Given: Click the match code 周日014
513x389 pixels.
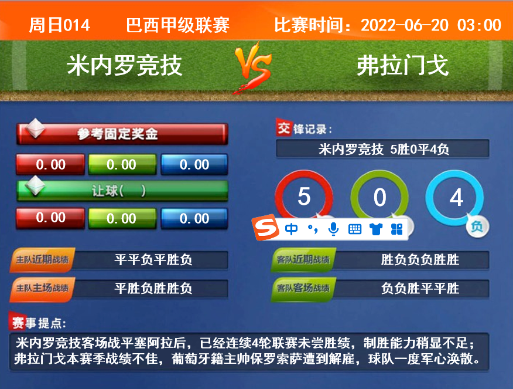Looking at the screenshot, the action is point(60,25).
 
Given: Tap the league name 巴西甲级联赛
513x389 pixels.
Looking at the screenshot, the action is point(177,25).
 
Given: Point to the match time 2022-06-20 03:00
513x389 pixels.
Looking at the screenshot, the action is point(431,25).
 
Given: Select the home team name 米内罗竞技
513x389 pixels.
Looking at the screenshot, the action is point(124,65).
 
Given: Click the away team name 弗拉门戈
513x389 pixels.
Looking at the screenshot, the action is point(402,65).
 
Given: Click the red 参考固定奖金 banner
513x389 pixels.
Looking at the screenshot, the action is point(122,134).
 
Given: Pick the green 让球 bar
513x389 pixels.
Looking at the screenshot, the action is point(122,191).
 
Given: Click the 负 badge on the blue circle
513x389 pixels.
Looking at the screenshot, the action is point(477,226).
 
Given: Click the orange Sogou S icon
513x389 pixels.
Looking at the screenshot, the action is point(266,228).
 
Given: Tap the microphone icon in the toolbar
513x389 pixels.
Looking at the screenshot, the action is point(333,229).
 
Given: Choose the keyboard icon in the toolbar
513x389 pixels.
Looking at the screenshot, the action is point(355,229).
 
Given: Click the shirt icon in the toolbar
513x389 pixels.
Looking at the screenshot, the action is point(376,229).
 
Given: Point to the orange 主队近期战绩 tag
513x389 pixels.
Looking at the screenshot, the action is point(43,260).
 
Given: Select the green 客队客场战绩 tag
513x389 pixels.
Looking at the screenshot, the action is point(303,289).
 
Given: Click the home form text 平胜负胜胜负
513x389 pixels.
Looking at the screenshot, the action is point(153,289).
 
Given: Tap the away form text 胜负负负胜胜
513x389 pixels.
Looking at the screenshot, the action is point(420,259).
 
